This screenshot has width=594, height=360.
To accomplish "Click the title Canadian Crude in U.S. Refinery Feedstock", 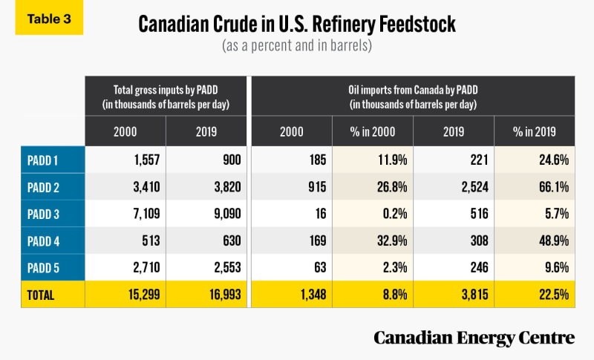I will pyautogui.click(x=297, y=24).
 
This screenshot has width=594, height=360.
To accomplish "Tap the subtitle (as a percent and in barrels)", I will pyautogui.click(x=297, y=46).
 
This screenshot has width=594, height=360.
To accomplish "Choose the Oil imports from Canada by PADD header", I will pyautogui.click(x=412, y=95).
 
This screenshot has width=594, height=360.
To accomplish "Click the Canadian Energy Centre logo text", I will pyautogui.click(x=474, y=338).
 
